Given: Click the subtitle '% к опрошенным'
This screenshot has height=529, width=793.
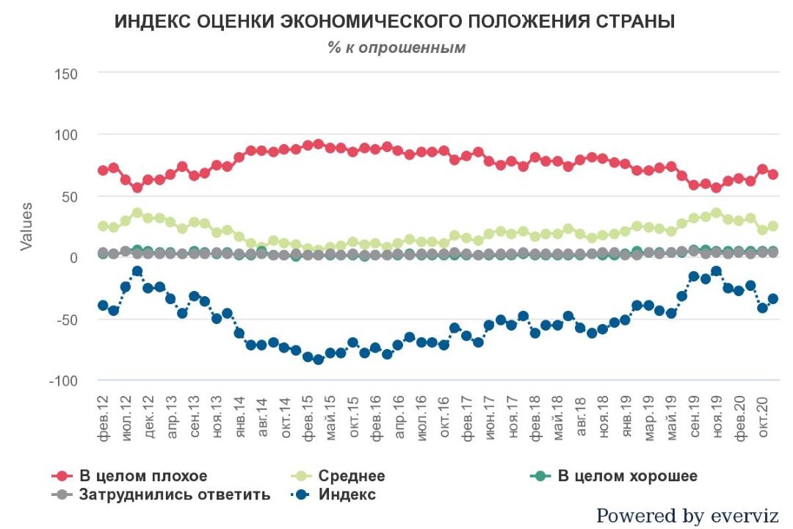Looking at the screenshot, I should point(396,48).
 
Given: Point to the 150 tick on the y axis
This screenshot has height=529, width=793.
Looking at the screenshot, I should point(65,73).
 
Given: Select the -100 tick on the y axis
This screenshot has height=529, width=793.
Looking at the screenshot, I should point(63,381).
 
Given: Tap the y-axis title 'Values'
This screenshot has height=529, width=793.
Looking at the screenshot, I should point(26,227).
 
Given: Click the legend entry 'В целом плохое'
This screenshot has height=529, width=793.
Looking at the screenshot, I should point(143,476).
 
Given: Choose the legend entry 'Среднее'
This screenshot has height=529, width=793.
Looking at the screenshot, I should point(352,476).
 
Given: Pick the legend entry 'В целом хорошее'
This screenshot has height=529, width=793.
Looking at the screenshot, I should point(626,476).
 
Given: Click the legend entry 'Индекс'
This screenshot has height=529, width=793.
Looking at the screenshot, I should point(347,494).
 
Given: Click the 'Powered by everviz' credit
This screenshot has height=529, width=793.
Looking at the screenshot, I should point(687,516).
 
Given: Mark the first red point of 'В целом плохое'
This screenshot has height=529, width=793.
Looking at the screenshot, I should point(103,170).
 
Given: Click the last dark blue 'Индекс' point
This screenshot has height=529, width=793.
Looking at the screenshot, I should point(773,299).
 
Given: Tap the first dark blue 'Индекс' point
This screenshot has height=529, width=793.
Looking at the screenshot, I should point(103,305).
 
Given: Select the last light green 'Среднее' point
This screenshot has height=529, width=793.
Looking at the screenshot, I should point(773,226).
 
